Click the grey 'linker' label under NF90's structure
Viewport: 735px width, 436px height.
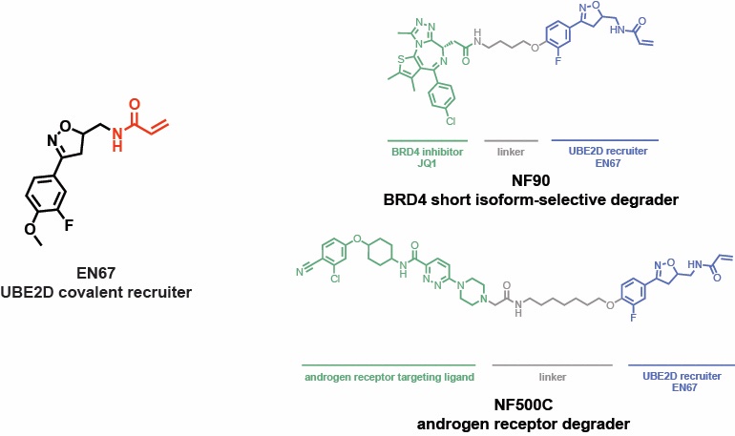click(513, 151)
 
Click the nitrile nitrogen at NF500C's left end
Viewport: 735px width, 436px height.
click(299, 272)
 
